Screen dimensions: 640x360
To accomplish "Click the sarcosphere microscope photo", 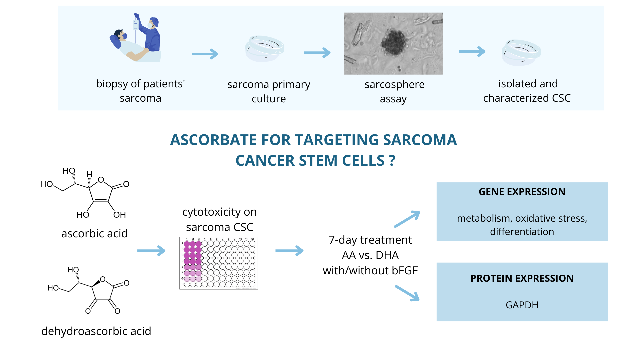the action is [393, 44].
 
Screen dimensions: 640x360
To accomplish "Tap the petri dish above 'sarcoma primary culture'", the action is [265, 49].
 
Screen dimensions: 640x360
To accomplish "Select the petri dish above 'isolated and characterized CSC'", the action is [521, 53].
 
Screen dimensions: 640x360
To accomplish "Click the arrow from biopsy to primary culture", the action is [205, 54].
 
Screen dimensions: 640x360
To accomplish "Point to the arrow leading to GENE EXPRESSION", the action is [407, 219].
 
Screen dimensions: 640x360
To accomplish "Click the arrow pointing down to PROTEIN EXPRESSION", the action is [407, 293].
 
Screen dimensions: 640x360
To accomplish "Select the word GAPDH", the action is [522, 305].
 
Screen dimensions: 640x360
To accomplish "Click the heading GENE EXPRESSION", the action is [522, 192].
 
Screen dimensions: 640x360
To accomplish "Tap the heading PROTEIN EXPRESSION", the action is [522, 278].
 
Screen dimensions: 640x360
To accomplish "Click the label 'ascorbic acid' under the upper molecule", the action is [94, 233].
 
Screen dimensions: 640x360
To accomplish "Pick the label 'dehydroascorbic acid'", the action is [96, 331].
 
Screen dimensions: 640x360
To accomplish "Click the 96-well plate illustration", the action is [219, 263].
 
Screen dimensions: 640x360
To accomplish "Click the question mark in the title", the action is [392, 161].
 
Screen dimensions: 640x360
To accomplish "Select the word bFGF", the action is [402, 270].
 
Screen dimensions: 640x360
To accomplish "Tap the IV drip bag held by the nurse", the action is [136, 24].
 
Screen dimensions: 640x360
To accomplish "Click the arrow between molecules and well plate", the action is [151, 251].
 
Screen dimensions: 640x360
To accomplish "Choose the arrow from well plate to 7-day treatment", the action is [289, 251].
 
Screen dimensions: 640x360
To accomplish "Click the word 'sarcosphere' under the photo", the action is [395, 85].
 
